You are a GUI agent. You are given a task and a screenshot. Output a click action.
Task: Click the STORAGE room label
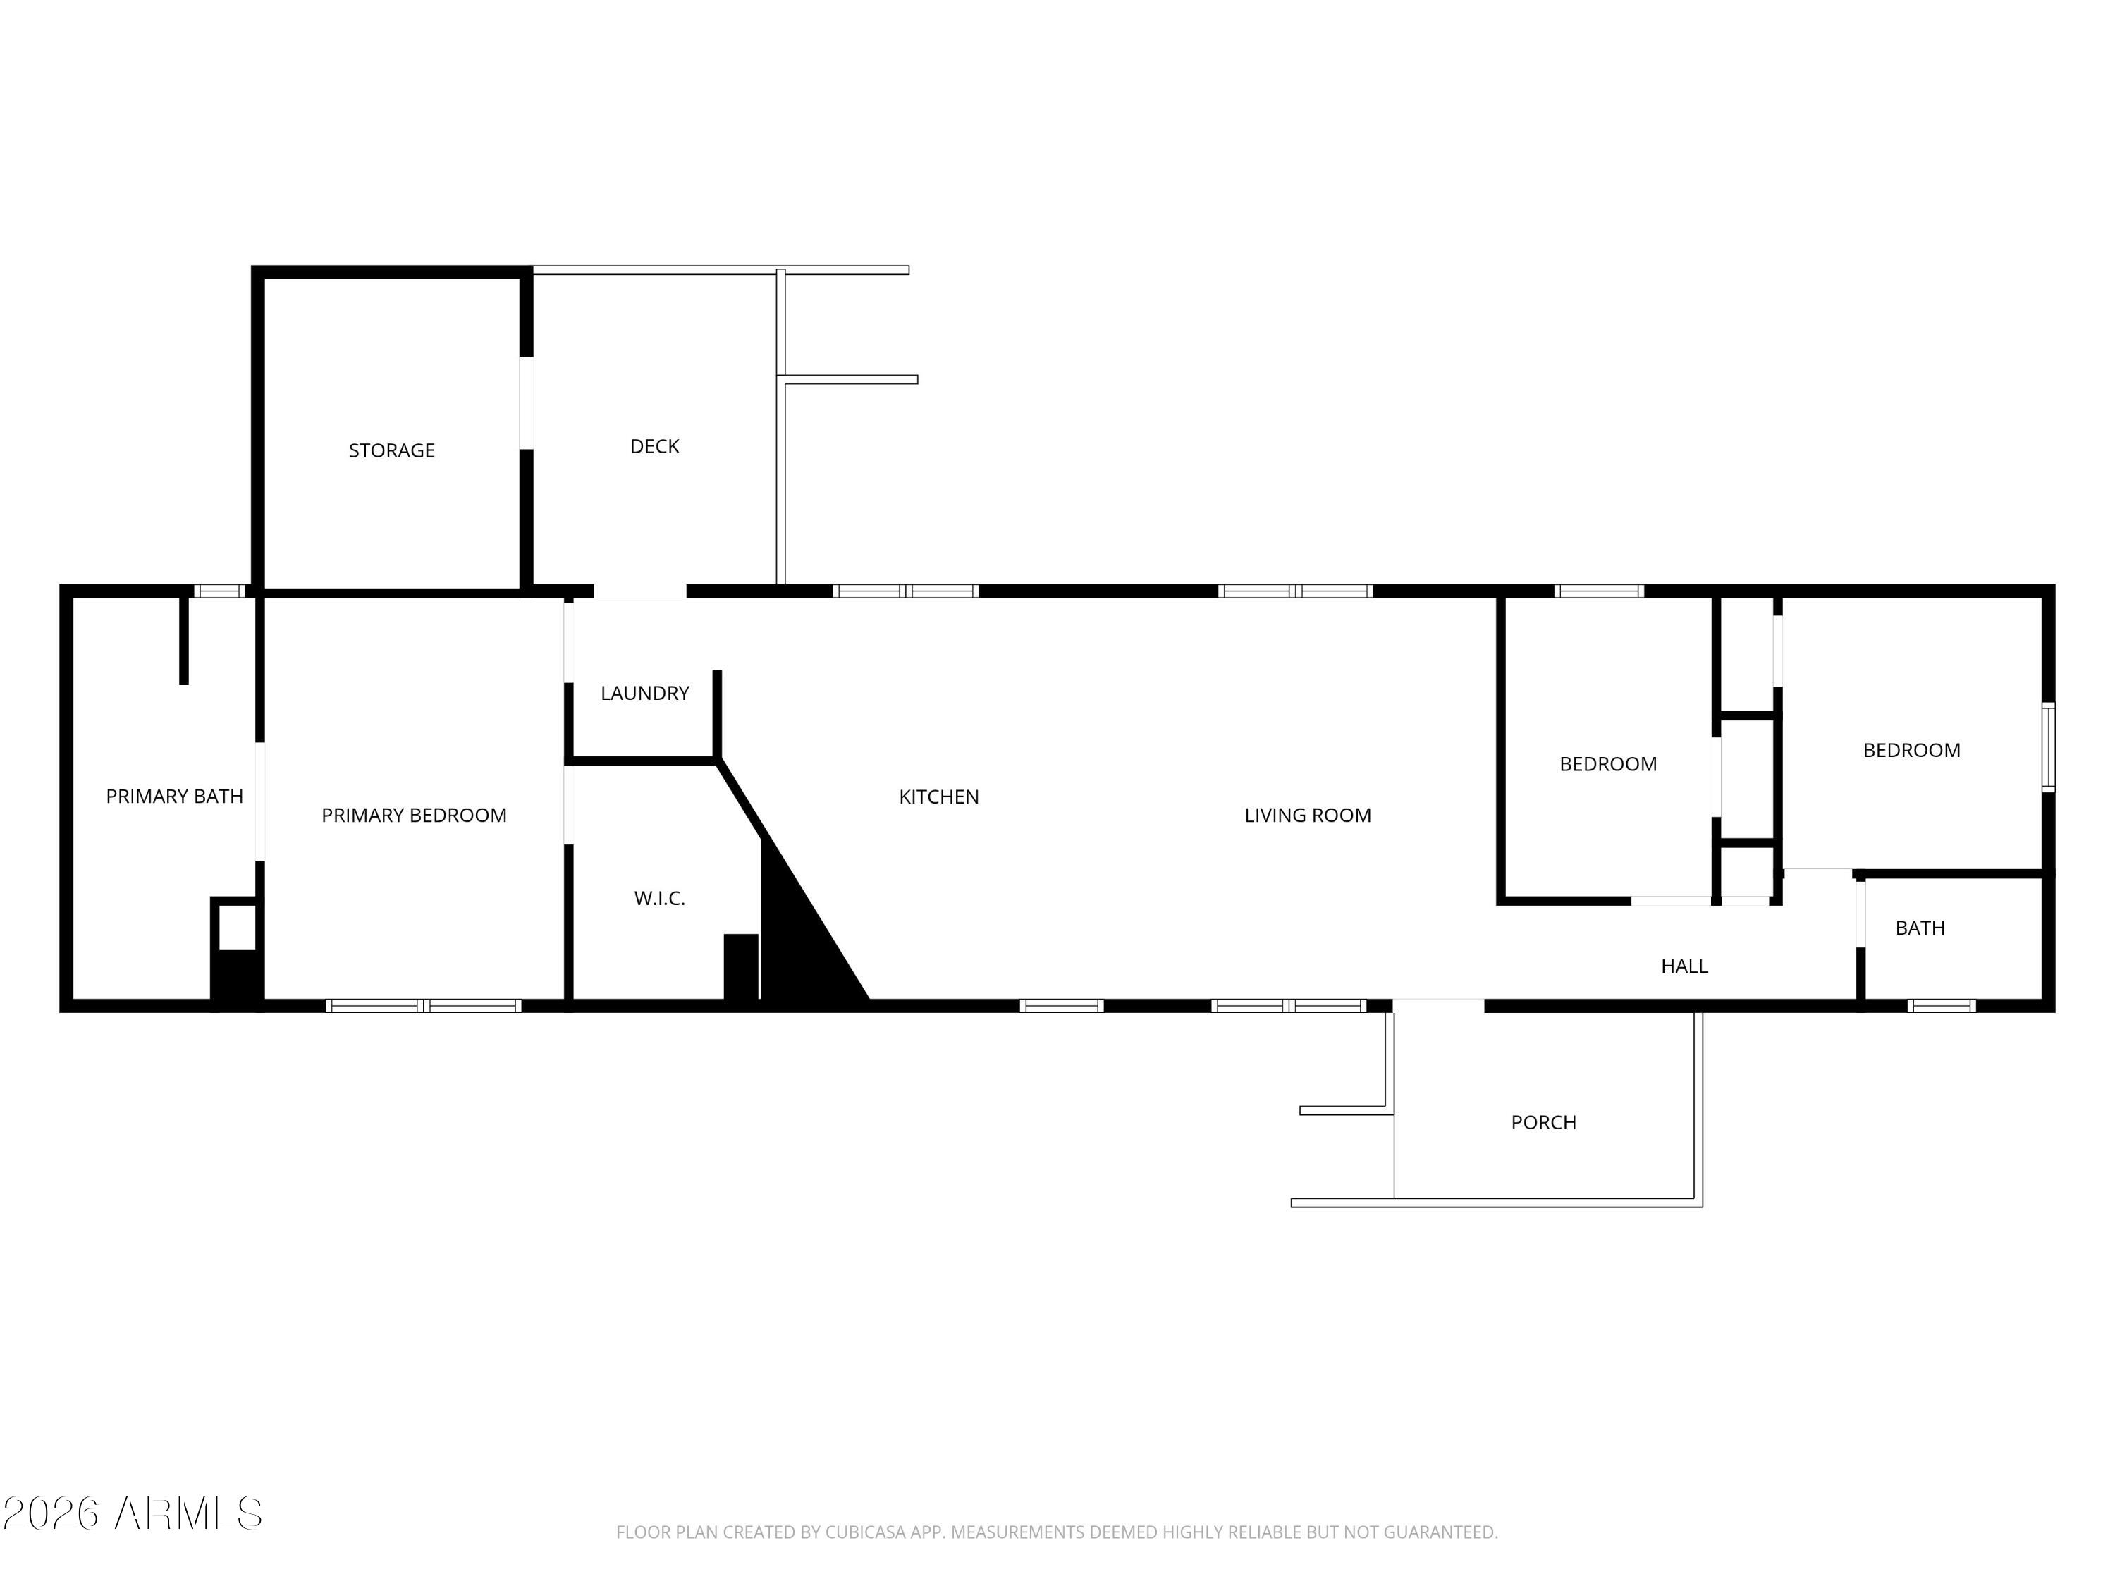coord(391,450)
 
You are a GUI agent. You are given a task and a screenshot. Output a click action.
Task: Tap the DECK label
coord(654,446)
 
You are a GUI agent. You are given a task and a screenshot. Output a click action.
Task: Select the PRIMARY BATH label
coord(174,797)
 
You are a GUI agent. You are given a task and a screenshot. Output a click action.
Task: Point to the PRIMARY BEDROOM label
coord(413,816)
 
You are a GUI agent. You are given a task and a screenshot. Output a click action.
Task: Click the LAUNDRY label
coord(644,693)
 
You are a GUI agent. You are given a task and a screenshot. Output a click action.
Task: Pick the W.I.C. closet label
coord(660,899)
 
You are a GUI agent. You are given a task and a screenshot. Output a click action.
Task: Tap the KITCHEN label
coord(939,797)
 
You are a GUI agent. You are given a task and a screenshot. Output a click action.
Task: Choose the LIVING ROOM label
coord(1307,816)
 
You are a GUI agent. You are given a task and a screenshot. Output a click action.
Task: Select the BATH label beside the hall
coord(1920,928)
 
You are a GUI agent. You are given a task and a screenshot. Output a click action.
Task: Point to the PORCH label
coord(1543,1122)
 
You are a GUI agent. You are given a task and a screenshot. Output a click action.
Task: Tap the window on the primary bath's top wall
coord(219,591)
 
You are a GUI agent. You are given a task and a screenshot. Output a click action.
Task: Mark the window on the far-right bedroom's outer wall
coord(2048,748)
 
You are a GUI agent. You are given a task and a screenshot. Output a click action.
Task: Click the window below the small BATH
coord(1941,1006)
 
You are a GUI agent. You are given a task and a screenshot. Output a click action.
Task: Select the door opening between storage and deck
coord(526,402)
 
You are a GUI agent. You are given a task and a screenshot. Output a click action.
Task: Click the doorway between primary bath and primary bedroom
coord(260,801)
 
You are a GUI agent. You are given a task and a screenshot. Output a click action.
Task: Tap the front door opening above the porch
coord(1438,1006)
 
